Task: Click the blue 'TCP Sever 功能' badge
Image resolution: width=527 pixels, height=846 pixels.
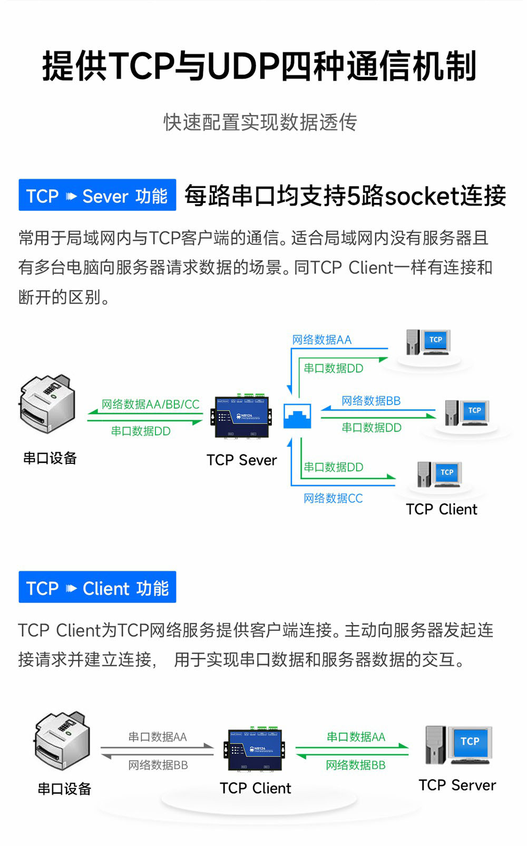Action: tap(97, 196)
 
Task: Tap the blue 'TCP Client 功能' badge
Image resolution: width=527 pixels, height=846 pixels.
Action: tap(97, 587)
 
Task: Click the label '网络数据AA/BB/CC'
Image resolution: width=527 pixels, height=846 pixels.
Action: tap(150, 404)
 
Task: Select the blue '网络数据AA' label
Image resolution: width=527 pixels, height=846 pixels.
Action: tap(321, 340)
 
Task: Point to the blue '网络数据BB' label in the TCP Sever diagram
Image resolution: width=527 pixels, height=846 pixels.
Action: tap(371, 401)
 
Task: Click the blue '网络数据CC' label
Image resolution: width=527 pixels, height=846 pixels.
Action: tap(333, 498)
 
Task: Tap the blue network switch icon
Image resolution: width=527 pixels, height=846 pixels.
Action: tap(297, 416)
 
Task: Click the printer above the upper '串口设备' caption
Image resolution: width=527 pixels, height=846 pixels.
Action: tap(47, 403)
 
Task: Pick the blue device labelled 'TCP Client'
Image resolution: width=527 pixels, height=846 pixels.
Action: tap(255, 750)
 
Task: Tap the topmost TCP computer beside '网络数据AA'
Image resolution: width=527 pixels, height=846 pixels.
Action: tap(427, 343)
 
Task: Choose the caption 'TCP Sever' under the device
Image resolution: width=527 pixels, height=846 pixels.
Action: tap(241, 460)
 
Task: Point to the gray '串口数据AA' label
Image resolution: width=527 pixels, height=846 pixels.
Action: tap(158, 737)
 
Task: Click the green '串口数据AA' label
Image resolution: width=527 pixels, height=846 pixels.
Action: tap(356, 737)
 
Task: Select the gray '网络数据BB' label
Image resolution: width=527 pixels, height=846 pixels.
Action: tap(158, 765)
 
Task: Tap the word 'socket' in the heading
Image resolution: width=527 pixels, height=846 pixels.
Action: tap(415, 197)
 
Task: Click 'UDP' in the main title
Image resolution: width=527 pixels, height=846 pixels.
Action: tap(242, 67)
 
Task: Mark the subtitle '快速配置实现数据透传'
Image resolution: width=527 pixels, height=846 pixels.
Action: tap(260, 122)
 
